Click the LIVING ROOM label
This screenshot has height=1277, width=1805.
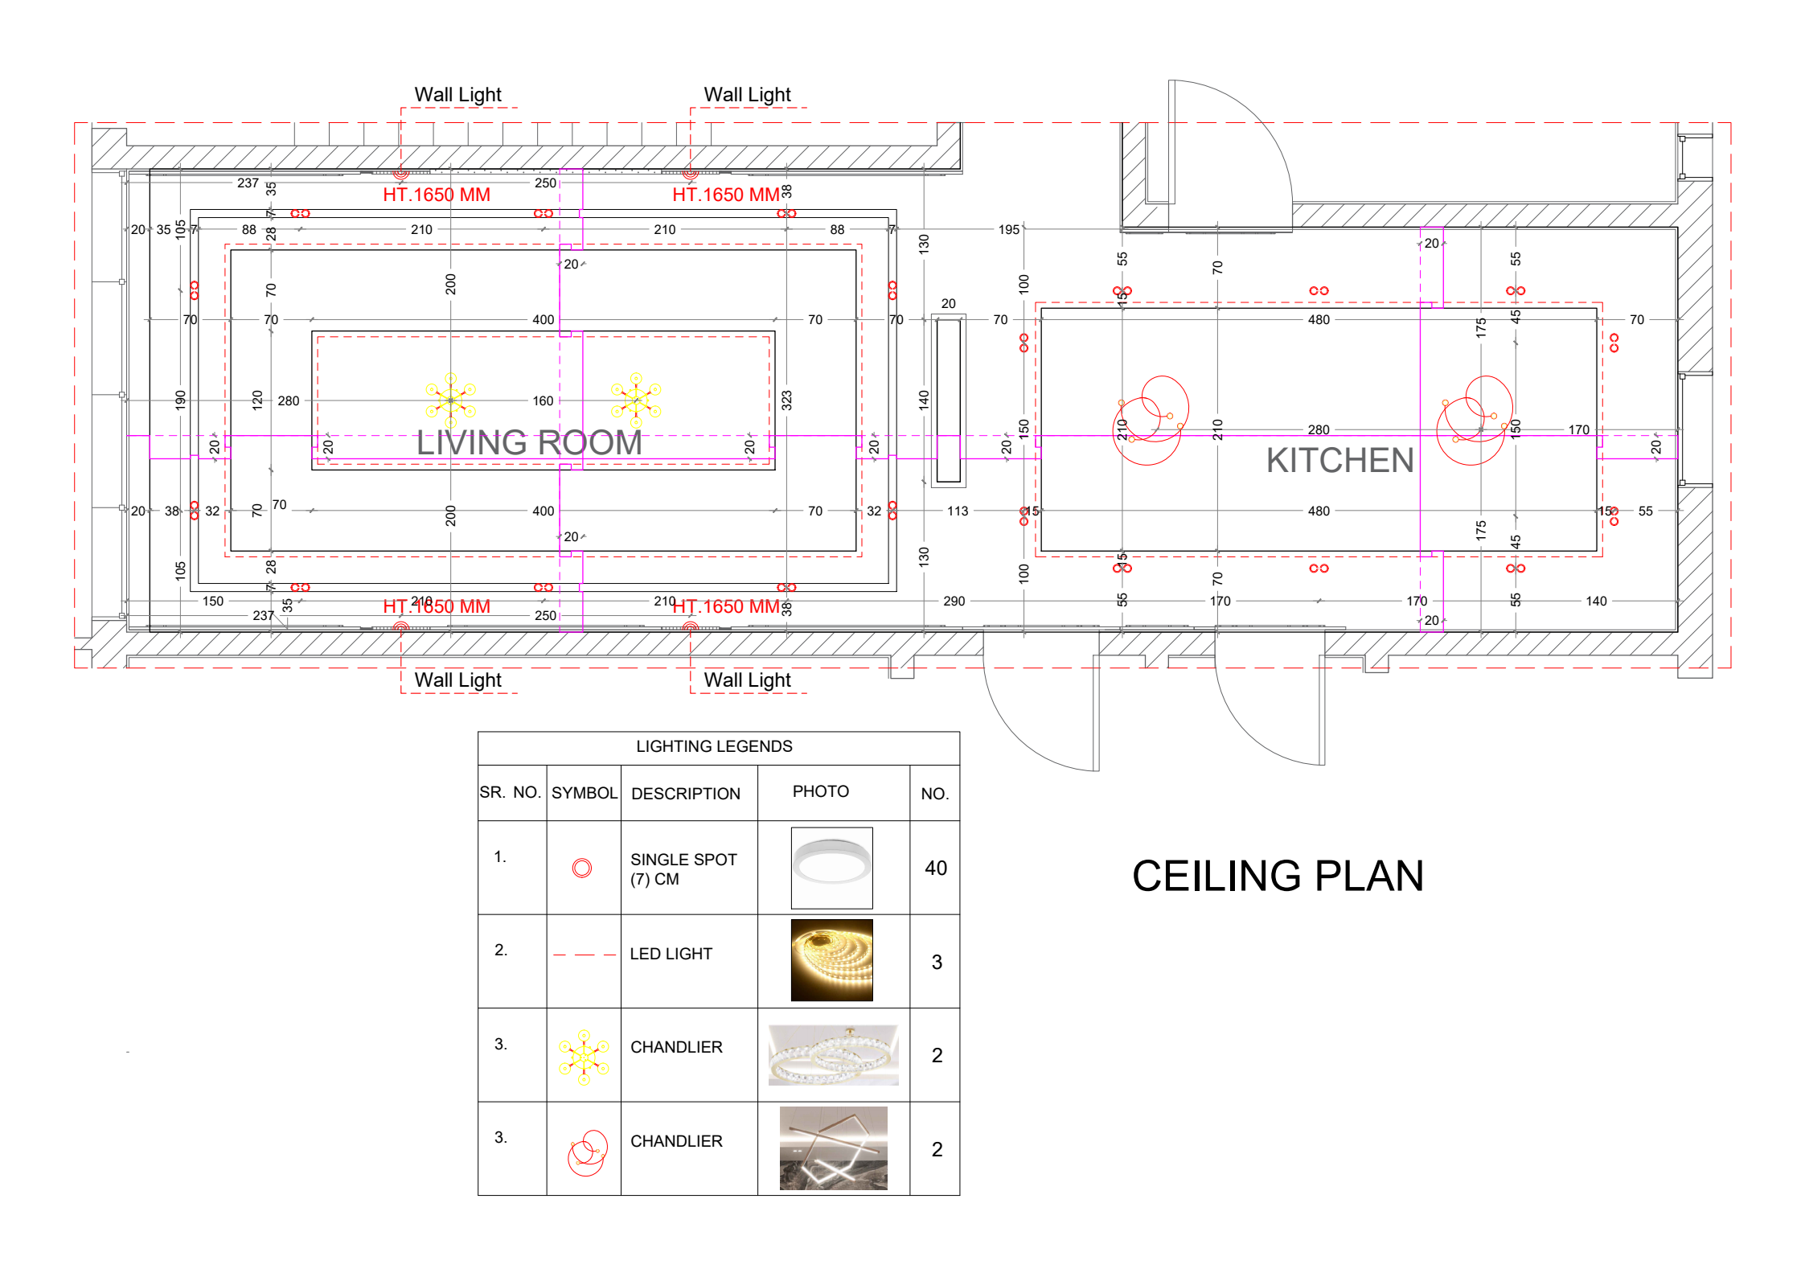click(529, 443)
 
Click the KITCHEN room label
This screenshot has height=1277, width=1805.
click(1339, 461)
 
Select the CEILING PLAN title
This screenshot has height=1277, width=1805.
click(1278, 876)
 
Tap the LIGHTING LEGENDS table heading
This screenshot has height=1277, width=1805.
click(714, 746)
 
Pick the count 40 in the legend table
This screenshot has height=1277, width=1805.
click(936, 868)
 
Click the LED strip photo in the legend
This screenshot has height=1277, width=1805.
click(831, 960)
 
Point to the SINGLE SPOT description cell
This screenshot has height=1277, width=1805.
click(683, 868)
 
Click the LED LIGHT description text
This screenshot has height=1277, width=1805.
click(671, 954)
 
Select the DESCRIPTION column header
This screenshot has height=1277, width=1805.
click(685, 794)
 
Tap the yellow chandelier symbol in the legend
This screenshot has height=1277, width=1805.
click(584, 1056)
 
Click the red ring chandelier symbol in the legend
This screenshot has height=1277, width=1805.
click(587, 1152)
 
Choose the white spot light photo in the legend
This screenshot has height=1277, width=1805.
click(831, 867)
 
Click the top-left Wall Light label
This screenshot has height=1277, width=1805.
click(457, 95)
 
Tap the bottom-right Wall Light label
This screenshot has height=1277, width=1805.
click(747, 680)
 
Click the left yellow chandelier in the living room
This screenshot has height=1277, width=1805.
click(450, 400)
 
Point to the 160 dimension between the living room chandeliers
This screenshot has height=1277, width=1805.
click(543, 400)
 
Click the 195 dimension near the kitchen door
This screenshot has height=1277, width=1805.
click(1008, 230)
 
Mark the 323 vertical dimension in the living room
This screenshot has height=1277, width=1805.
click(786, 400)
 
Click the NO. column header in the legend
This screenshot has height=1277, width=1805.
click(934, 794)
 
